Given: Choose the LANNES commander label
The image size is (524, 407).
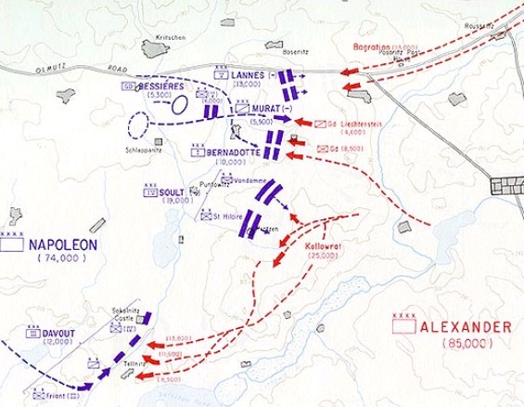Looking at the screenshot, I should (252, 75).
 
